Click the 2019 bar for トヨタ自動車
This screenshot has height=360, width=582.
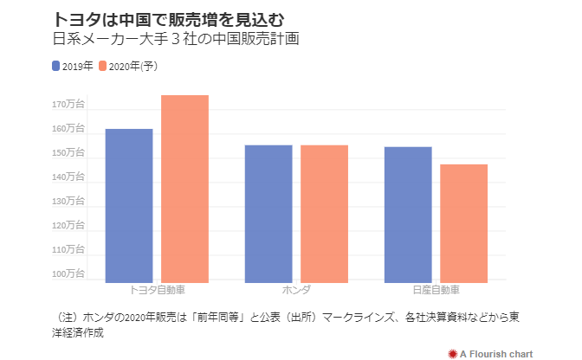[x=129, y=205]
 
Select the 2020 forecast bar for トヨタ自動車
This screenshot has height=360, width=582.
[x=184, y=188]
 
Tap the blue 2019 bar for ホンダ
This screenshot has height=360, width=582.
[x=268, y=213]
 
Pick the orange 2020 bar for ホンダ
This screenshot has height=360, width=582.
[x=324, y=213]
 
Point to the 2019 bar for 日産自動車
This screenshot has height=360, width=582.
[x=408, y=214]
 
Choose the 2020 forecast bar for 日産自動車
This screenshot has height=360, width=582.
[x=463, y=222]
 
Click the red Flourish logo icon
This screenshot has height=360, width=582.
[x=451, y=353]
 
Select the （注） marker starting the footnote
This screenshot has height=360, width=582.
[x=66, y=317]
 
